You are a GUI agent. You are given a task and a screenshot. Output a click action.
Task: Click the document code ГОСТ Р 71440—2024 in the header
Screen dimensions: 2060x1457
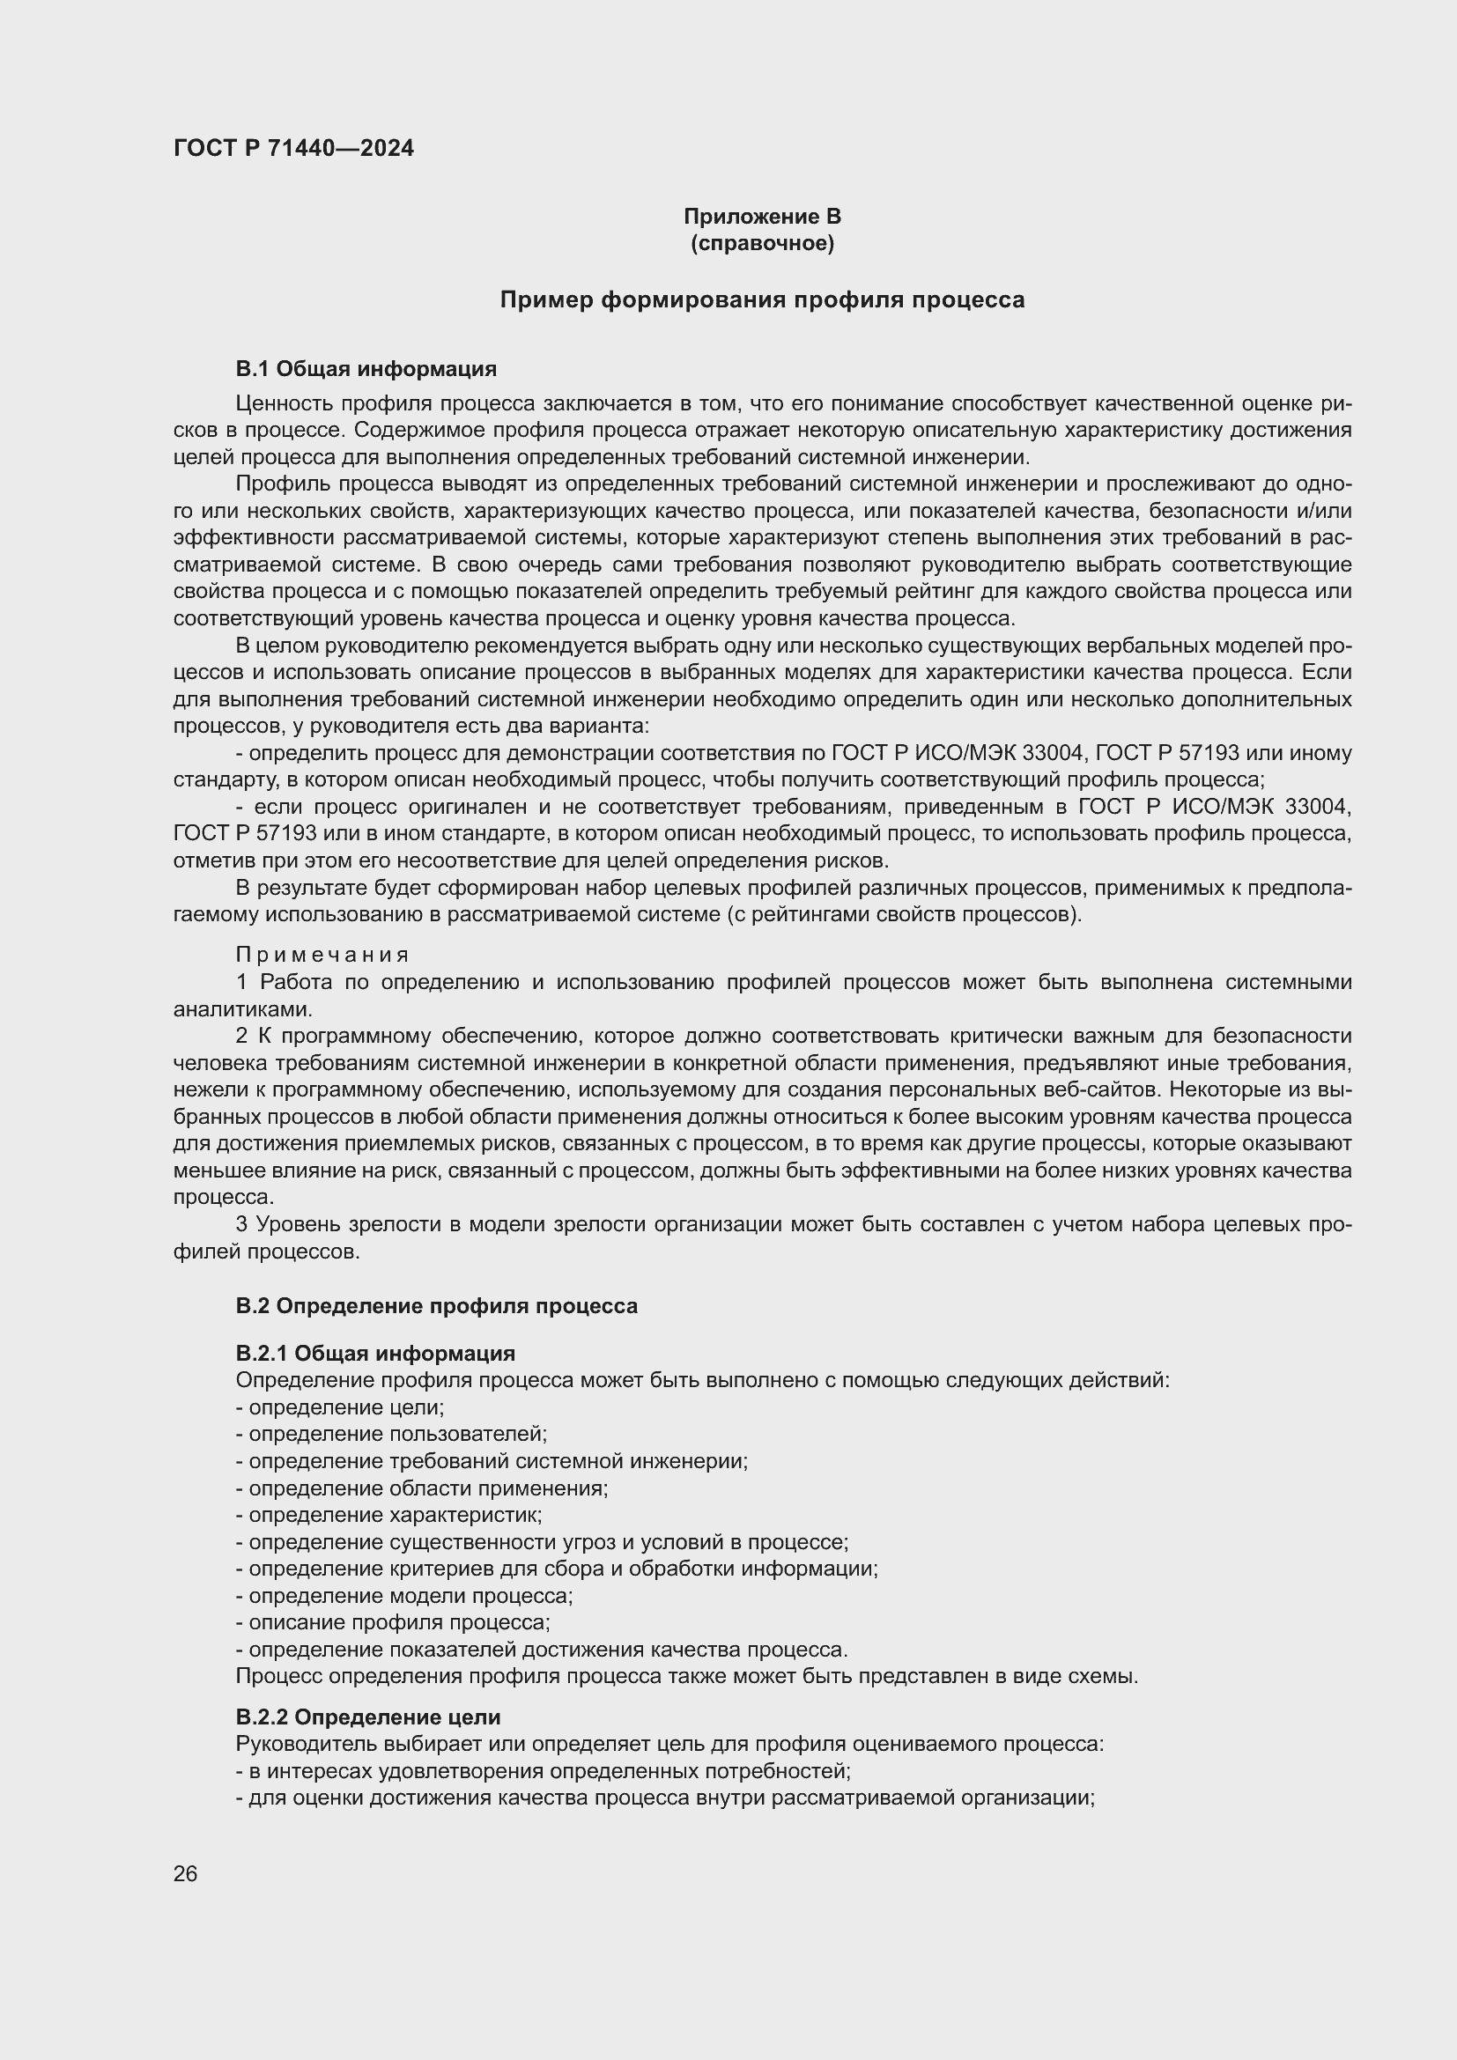point(293,149)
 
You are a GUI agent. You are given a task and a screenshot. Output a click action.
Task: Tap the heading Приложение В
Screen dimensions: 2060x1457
point(762,217)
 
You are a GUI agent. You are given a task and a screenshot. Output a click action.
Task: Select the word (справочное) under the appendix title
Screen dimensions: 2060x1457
point(762,243)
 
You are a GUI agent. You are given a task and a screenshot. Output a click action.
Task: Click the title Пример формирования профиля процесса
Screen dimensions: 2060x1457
point(762,299)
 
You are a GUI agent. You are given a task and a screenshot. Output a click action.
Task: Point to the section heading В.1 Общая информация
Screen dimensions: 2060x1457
point(366,369)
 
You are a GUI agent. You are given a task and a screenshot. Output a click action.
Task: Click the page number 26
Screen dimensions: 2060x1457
point(186,1873)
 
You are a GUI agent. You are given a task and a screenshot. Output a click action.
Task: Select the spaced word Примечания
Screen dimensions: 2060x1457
point(323,955)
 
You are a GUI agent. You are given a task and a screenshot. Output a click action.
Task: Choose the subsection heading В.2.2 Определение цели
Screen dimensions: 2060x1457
point(368,1717)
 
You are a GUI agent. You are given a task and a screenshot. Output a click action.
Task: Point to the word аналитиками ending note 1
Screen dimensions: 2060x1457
point(241,1009)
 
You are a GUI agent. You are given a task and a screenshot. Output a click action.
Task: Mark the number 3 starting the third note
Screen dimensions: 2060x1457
point(241,1225)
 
